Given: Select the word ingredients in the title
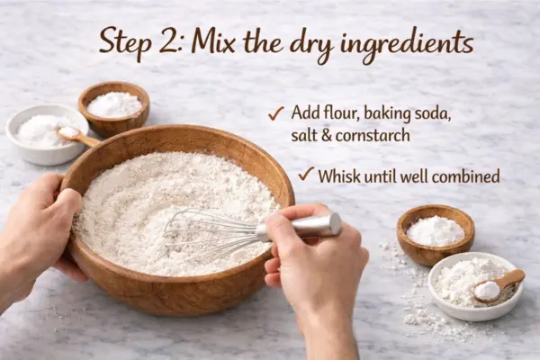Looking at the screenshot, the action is pyautogui.click(x=407, y=45).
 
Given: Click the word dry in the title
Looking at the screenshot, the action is pyautogui.click(x=310, y=46).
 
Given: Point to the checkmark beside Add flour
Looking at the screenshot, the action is pyautogui.click(x=276, y=113).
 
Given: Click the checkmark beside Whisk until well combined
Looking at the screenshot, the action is pyautogui.click(x=306, y=174).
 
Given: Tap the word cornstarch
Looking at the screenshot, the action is pyautogui.click(x=373, y=135).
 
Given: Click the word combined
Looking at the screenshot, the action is pyautogui.click(x=465, y=176).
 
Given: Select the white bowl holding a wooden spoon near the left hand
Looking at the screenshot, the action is pyautogui.click(x=47, y=134).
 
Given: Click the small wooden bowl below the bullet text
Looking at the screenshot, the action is pyautogui.click(x=436, y=235).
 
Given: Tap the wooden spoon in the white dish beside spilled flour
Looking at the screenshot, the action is pyautogui.click(x=499, y=286).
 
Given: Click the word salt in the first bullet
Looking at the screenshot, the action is pyautogui.click(x=302, y=135).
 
